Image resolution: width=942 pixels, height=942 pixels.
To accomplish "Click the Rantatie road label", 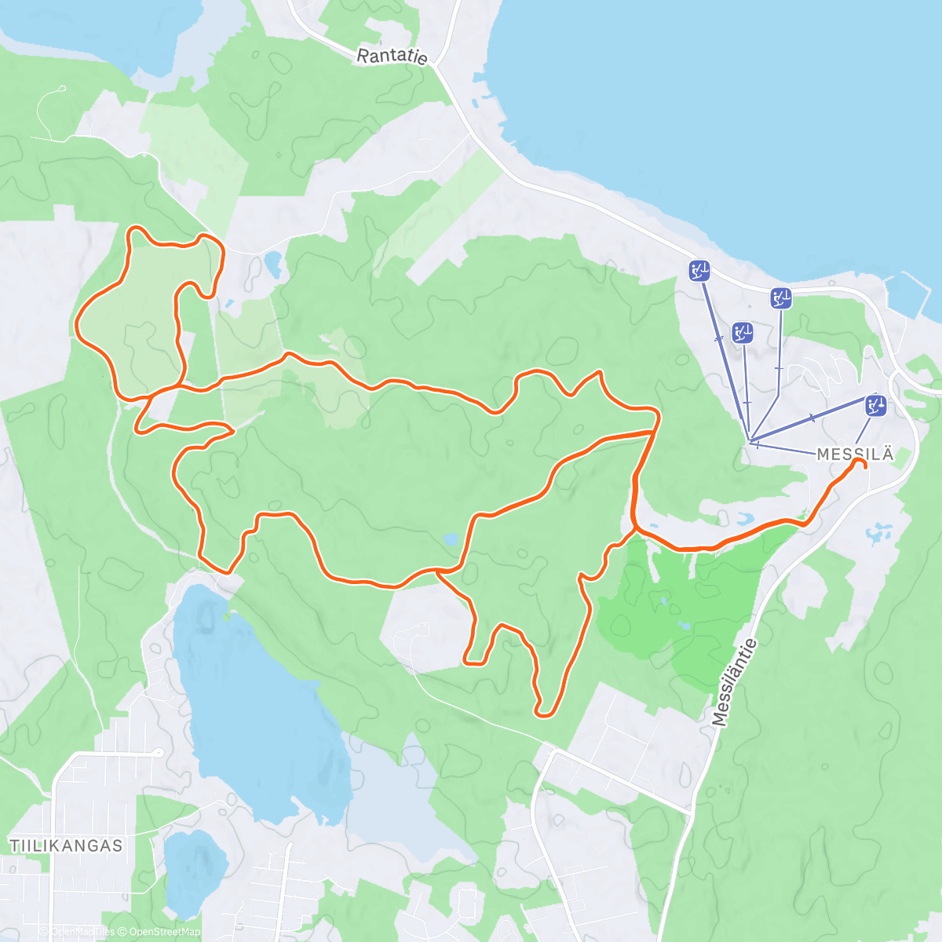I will click(392, 57).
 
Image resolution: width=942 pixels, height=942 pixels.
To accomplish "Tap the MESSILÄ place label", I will click(855, 455).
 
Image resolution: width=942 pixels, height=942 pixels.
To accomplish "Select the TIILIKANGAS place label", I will click(67, 845).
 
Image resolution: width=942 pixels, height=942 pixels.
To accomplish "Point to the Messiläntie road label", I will click(736, 682).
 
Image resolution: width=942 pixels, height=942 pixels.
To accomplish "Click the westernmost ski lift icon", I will click(699, 272).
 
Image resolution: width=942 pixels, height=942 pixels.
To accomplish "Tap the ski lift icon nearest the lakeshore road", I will click(780, 298).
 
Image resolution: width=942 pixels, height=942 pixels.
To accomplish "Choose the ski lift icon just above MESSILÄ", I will click(875, 406).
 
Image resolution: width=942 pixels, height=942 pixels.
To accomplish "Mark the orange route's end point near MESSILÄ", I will click(861, 464).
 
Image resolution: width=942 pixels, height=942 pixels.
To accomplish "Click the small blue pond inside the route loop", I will click(451, 539).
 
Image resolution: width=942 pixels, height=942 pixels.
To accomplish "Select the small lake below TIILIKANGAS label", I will click(194, 871).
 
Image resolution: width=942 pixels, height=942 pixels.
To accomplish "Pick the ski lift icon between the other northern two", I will click(743, 333).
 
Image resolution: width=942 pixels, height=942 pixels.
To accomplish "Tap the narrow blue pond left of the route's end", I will click(743, 519).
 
